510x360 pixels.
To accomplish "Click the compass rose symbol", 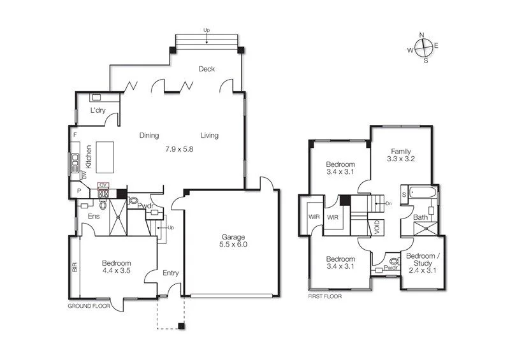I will (423, 48).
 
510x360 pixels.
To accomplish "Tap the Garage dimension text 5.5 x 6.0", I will (233, 243).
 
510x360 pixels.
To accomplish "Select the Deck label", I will (205, 69).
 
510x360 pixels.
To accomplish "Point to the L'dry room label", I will (98, 110).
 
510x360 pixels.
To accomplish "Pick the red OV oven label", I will (103, 185).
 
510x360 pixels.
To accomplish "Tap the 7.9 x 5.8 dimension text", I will (178, 148).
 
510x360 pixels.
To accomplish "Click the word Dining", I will (149, 135).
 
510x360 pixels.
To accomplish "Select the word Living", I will (209, 135).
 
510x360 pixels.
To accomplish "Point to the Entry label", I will (171, 273).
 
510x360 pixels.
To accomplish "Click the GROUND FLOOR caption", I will (89, 306).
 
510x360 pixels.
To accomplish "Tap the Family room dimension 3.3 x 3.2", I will (401, 159).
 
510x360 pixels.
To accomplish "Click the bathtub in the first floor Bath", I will (422, 192).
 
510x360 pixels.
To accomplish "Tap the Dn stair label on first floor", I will (388, 203).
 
